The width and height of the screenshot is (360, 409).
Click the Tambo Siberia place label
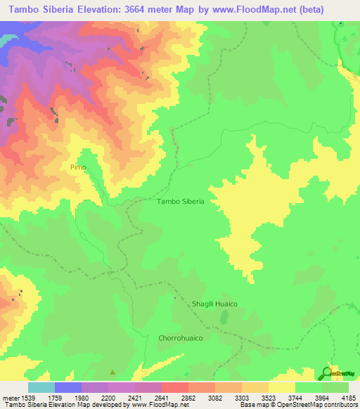pos(181,201)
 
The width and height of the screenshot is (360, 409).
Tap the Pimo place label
pos(77,167)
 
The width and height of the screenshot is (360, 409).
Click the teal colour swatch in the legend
pos(41,387)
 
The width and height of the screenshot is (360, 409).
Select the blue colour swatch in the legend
pos(67,387)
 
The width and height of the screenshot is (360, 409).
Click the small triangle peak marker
pos(111,372)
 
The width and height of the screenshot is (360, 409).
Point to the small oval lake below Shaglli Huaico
pos(224,318)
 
